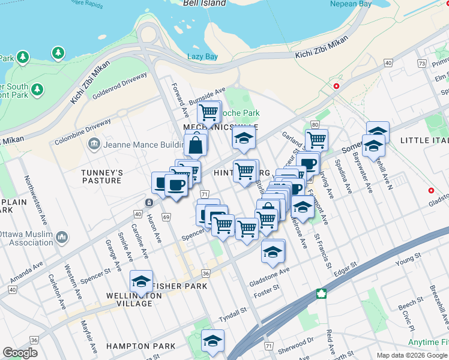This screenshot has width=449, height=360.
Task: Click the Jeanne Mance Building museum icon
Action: pos(94,144)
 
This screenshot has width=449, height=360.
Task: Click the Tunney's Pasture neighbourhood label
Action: pos(103,176)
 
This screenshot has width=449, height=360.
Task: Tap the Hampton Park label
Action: pos(141,346)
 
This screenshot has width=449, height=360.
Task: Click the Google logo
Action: pos(20,353)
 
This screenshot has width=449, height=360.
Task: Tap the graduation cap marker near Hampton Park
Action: pos(212,341)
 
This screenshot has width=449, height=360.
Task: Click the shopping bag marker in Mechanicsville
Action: pos(196,145)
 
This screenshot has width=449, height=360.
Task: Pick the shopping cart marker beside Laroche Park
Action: pos(208,112)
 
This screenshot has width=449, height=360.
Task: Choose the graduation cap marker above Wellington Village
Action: pos(142,281)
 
